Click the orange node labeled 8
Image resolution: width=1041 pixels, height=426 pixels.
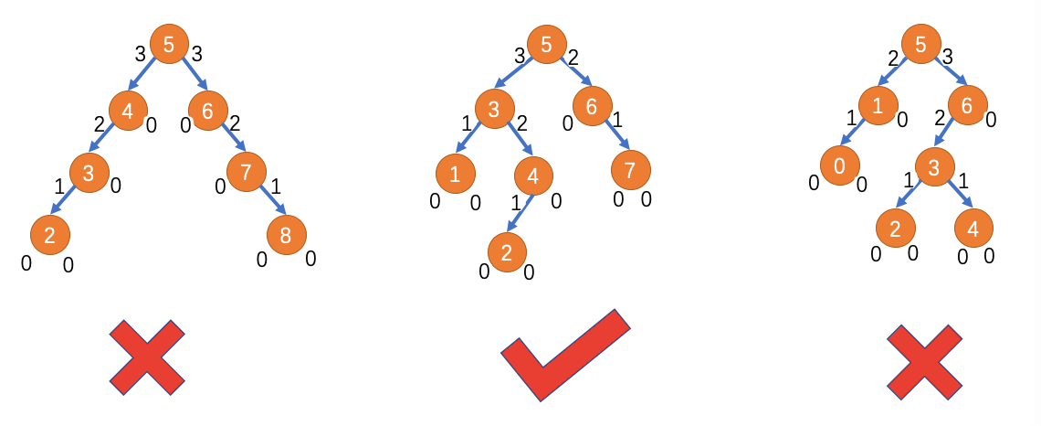[x=286, y=236]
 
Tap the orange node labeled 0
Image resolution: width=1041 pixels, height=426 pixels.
[x=839, y=165]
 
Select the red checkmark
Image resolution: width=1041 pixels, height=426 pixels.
[x=565, y=354]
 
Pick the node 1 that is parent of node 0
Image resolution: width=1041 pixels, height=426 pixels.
[x=878, y=106]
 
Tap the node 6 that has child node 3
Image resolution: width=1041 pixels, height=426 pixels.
[x=967, y=106]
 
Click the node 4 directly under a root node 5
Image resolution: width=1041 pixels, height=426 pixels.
[x=128, y=111]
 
